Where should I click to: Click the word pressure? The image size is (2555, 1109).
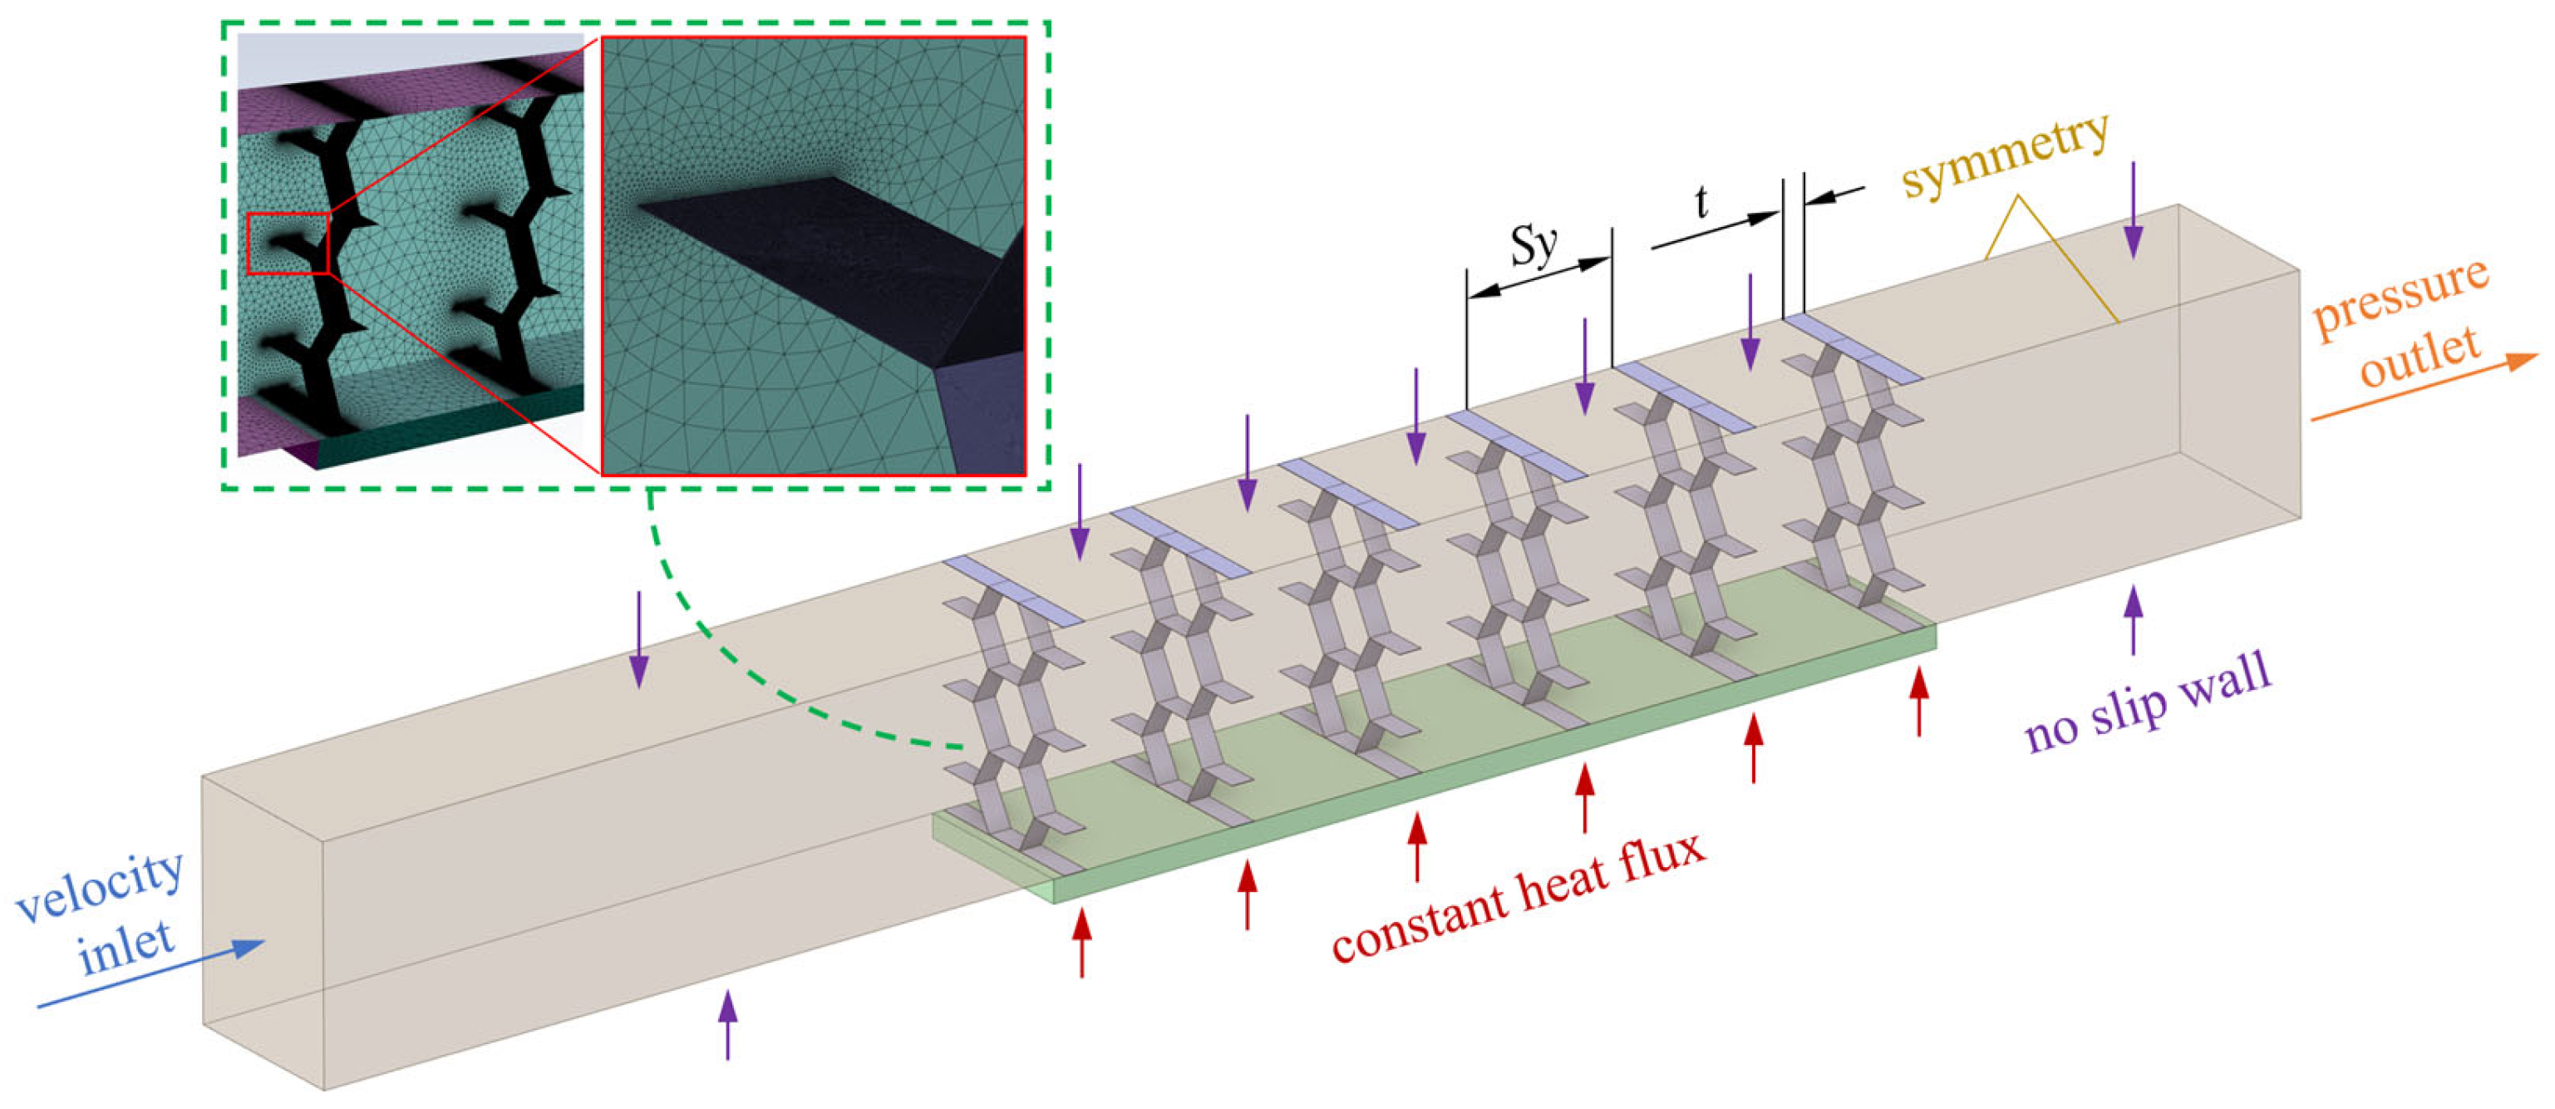point(2400,298)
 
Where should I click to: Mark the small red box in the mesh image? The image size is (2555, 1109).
point(287,242)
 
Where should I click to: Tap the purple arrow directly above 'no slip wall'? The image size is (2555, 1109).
point(2134,620)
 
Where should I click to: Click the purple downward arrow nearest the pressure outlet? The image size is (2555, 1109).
point(2134,209)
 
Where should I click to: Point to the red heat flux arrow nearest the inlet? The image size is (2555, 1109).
point(1081,944)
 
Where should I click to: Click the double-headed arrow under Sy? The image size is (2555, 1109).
point(1538,277)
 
